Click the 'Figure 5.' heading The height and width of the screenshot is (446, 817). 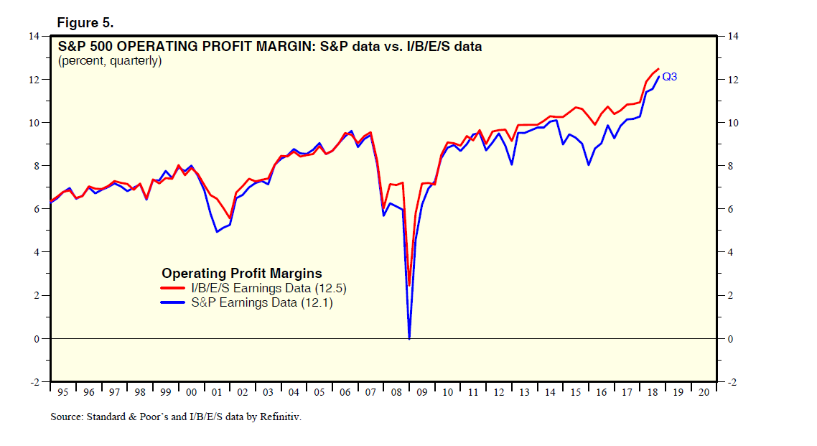pyautogui.click(x=85, y=23)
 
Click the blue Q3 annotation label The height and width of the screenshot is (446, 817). pyautogui.click(x=669, y=77)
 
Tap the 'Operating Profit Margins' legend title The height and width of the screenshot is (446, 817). pyautogui.click(x=241, y=273)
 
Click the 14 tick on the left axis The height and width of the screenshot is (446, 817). pyautogui.click(x=34, y=36)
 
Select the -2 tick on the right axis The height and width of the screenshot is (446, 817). pyautogui.click(x=731, y=382)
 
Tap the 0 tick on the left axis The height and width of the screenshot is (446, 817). pyautogui.click(x=36, y=338)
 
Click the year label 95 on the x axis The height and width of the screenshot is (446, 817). pyautogui.click(x=63, y=393)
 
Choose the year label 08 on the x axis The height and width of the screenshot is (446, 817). pyautogui.click(x=396, y=393)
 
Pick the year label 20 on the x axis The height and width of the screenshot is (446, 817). pyautogui.click(x=703, y=393)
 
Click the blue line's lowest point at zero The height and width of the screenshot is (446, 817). pyautogui.click(x=409, y=338)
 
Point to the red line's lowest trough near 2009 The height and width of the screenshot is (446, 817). pyautogui.click(x=409, y=285)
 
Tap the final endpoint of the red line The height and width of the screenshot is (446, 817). pyautogui.click(x=658, y=69)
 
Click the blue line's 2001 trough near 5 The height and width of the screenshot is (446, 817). pyautogui.click(x=217, y=231)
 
